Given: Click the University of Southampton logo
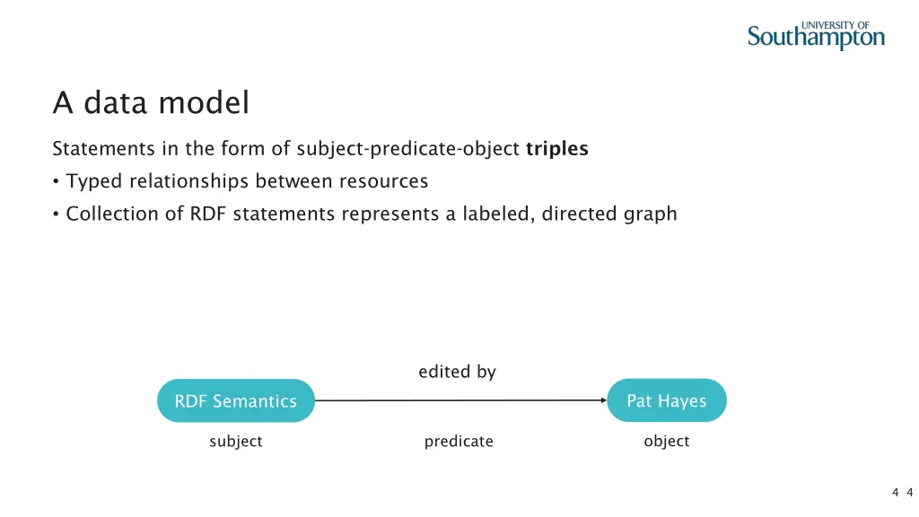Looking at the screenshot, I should [816, 35].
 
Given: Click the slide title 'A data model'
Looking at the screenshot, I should [151, 103].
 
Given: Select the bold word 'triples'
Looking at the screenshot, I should [557, 149].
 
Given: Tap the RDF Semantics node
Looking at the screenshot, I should [236, 401].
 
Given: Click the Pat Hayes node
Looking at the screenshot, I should [667, 401].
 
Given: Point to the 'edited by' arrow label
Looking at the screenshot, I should [457, 372].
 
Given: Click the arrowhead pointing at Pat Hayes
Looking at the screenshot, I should [602, 400].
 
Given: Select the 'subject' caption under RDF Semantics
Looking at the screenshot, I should [236, 442].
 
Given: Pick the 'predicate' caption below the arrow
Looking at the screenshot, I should [459, 442].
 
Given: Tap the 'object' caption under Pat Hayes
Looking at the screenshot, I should [667, 442].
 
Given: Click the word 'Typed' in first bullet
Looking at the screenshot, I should [94, 182].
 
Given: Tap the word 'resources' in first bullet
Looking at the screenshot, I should [383, 181].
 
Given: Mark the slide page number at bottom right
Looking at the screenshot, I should [902, 491].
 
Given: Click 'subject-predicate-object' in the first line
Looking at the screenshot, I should [408, 149].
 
